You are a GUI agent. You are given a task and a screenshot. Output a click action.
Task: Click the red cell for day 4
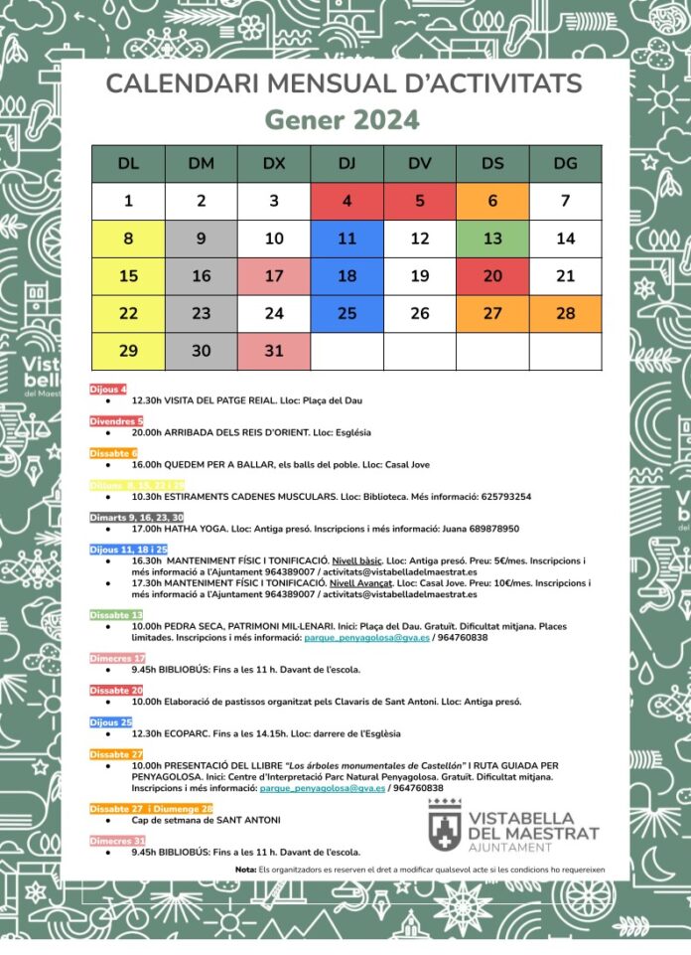click(x=346, y=201)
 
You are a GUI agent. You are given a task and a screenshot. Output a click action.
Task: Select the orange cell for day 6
click(x=492, y=201)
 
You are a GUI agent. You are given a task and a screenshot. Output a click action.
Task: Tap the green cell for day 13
click(x=492, y=239)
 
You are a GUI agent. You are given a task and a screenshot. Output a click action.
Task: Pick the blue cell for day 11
click(x=346, y=239)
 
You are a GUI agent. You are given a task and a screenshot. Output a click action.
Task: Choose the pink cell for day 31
click(x=274, y=351)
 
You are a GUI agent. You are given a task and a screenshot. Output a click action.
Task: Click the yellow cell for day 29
click(x=128, y=351)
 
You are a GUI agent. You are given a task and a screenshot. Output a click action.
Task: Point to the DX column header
click(x=274, y=164)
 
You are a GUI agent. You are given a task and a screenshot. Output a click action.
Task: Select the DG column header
click(x=565, y=164)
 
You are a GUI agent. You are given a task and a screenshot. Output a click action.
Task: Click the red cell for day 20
click(x=492, y=276)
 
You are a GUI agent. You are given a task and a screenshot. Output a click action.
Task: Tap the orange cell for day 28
click(x=565, y=313)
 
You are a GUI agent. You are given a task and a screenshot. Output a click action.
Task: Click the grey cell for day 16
click(x=202, y=276)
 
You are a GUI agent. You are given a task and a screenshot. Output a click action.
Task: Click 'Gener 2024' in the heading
click(x=343, y=120)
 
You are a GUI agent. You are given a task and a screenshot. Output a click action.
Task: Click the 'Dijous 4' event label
click(x=109, y=389)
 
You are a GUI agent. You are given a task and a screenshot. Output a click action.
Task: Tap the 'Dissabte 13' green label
click(x=117, y=615)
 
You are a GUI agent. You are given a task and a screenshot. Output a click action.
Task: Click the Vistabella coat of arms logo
click(x=442, y=823)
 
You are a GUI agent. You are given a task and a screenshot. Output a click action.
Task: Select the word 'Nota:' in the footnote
click(x=246, y=870)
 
